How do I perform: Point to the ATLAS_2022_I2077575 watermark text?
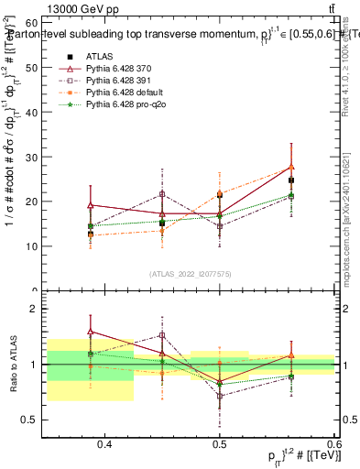pos(191,274)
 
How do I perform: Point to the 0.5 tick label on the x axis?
pos(220,444)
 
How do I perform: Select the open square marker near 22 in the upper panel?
pos(162,194)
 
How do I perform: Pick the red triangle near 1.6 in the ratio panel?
pos(91,332)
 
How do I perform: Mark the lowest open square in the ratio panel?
pos(220,396)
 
